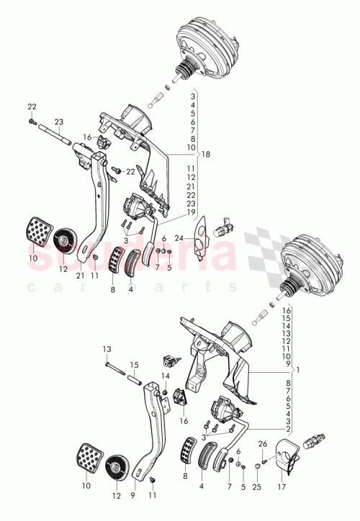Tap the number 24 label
click(179, 237)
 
